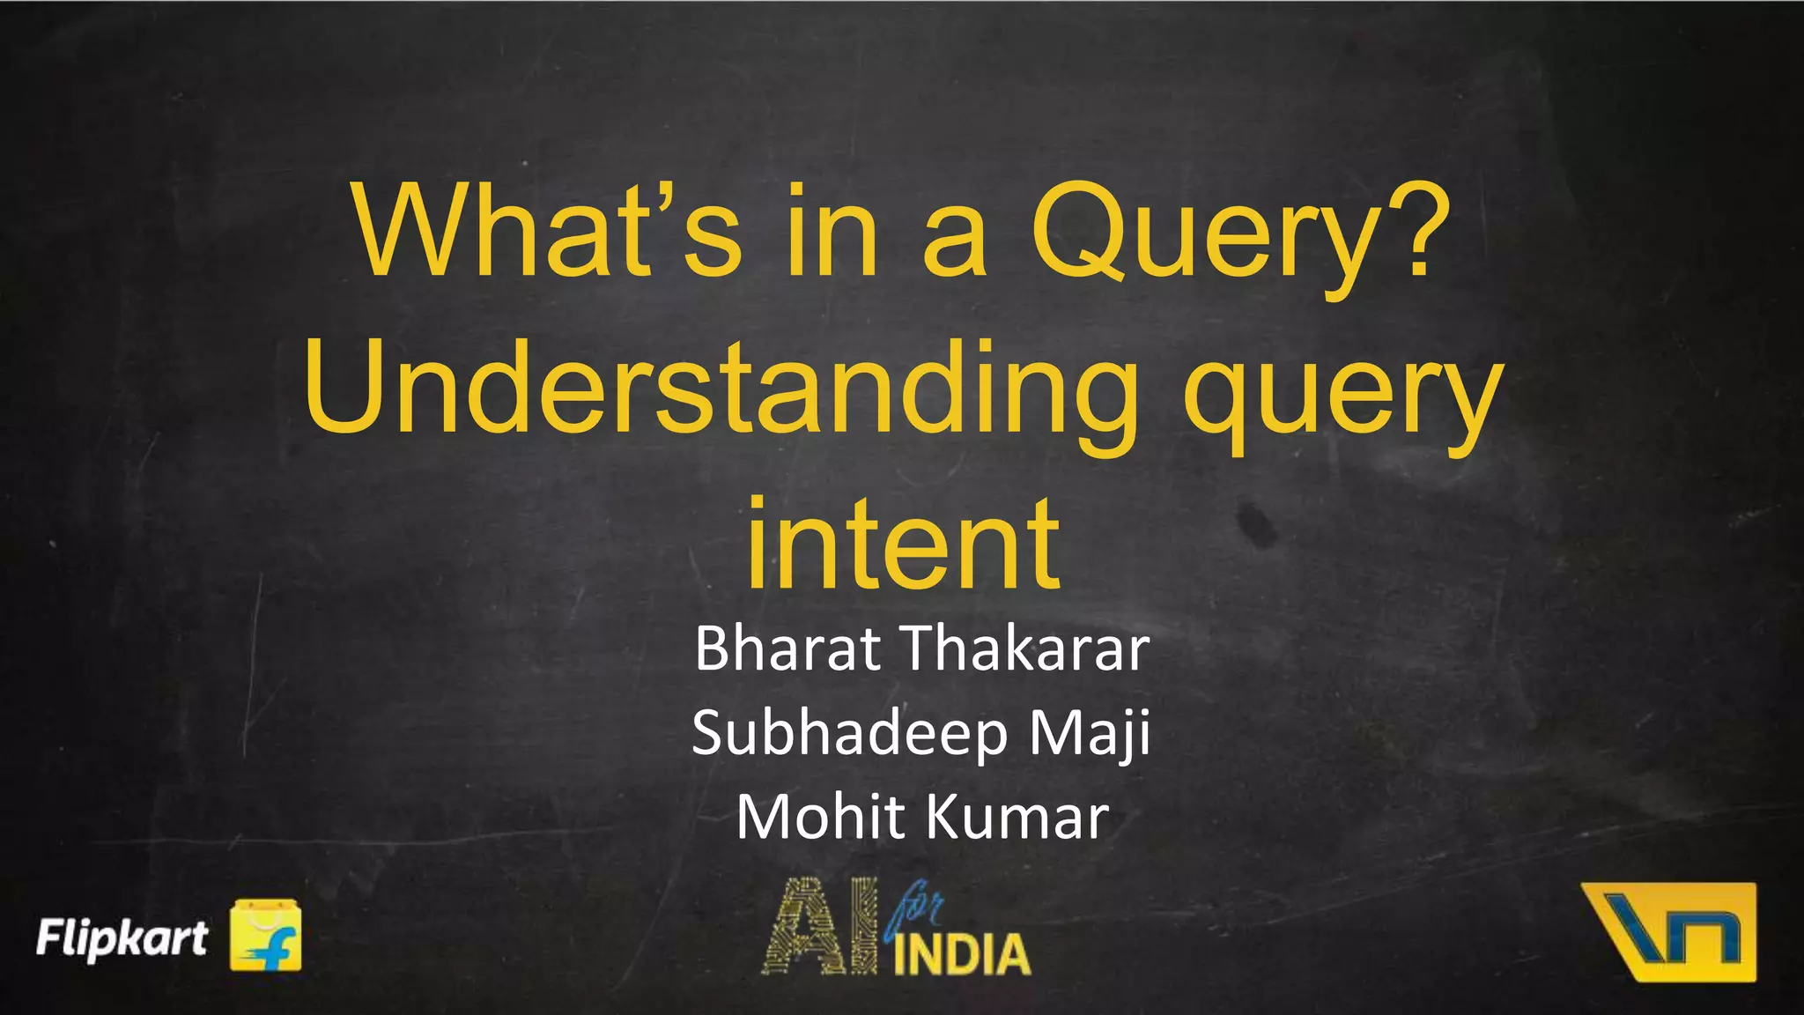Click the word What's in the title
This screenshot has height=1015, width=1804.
tap(546, 232)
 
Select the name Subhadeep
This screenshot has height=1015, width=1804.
tap(849, 734)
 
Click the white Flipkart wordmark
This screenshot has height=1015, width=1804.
tap(122, 937)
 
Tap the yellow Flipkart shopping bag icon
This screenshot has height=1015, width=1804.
tap(265, 936)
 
